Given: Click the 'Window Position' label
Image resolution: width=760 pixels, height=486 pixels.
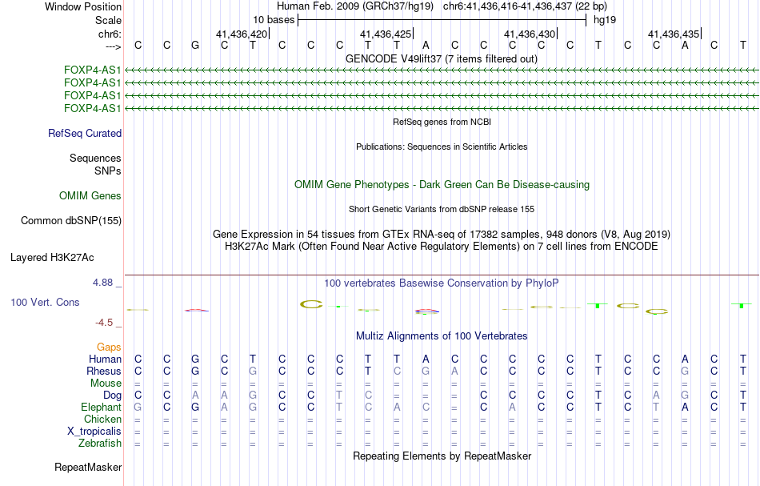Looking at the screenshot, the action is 83,6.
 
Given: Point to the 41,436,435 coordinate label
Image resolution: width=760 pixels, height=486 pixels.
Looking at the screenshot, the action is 674,34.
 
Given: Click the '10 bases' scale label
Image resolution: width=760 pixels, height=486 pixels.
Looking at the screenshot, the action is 274,20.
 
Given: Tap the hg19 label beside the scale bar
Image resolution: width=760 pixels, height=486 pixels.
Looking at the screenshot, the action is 605,20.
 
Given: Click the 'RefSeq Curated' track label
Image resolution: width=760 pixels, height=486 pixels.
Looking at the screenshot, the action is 85,134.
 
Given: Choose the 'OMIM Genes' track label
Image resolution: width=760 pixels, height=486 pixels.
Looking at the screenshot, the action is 90,196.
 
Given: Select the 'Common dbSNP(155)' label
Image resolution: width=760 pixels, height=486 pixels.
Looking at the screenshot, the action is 71,221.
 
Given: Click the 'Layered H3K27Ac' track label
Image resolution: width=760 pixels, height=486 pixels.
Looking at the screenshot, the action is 52,258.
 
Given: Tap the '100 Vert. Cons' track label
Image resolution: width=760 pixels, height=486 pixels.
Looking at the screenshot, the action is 45,303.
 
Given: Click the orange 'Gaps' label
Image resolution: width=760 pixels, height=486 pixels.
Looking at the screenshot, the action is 109,347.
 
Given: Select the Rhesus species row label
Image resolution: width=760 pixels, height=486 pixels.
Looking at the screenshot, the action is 104,372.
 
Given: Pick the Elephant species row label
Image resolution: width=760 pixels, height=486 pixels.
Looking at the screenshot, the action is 102,408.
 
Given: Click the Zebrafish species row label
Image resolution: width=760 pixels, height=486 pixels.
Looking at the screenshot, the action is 100,444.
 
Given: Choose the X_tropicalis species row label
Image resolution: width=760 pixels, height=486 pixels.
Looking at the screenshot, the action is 94,432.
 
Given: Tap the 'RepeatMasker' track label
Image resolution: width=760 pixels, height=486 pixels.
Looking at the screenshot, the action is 88,468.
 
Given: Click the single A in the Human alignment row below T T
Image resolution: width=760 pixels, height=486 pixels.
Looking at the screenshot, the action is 426,359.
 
